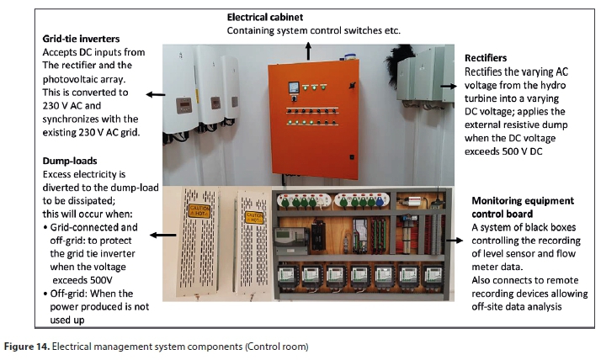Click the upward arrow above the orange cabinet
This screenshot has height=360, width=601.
coord(308,50)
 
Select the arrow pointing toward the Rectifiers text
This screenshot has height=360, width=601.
coord(449,87)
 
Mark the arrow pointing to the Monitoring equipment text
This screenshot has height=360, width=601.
coord(453,240)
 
